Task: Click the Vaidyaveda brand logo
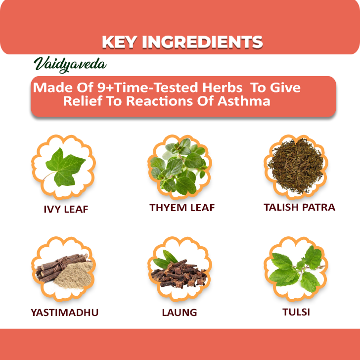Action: pos(70,64)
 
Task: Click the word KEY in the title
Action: pos(119,42)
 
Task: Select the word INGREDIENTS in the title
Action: pos(202,42)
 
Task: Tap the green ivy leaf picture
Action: pos(65,167)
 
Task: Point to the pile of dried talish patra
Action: pos(296,165)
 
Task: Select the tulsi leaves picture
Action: pos(296,269)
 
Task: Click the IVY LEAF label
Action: pos(66,209)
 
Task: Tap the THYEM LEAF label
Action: pos(182,208)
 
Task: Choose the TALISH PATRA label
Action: pos(299,207)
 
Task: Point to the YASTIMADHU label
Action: pos(65,313)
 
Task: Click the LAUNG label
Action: pos(180,313)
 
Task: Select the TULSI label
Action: pos(296,312)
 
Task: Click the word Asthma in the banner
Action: pos(244,101)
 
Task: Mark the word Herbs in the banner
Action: pos(222,88)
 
